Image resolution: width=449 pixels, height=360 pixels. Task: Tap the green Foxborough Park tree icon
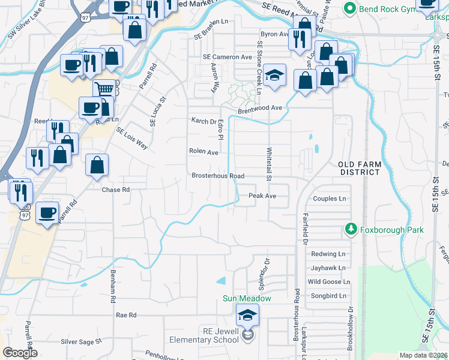point(351,229)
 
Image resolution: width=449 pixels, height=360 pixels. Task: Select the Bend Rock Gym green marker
point(349,9)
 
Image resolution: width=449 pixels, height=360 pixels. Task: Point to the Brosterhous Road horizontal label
point(218,176)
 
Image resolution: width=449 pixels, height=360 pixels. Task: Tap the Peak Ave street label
point(262,196)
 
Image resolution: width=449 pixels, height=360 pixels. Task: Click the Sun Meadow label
point(247,298)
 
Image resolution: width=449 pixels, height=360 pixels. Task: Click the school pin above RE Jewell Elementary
point(247,315)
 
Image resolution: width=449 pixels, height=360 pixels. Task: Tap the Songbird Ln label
point(330,296)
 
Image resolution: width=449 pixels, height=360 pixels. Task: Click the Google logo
point(20,353)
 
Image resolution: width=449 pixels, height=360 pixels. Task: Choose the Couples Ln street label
point(330,199)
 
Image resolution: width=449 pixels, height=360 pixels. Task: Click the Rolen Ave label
point(203,152)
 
